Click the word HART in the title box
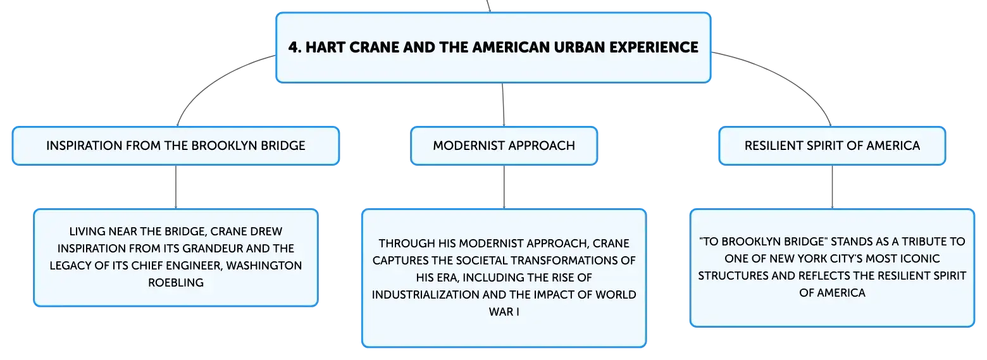coord(325,47)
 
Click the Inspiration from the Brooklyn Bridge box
coord(176,146)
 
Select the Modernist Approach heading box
coord(504,146)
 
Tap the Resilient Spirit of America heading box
coord(833,146)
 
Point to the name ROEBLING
coord(176,282)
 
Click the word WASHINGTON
coord(264,265)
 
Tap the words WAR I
coord(504,311)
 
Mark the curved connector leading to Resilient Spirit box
coord(789,78)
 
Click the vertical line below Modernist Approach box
coord(504,187)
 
